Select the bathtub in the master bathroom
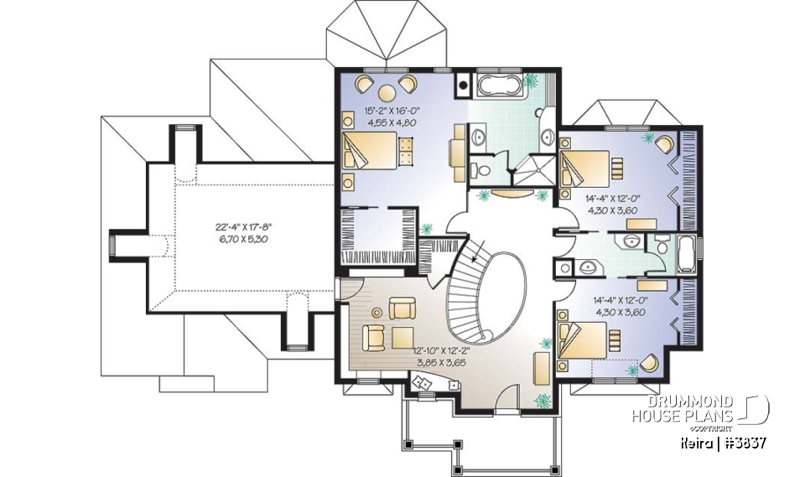pyautogui.click(x=500, y=85)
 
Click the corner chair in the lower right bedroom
pyautogui.click(x=648, y=362)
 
